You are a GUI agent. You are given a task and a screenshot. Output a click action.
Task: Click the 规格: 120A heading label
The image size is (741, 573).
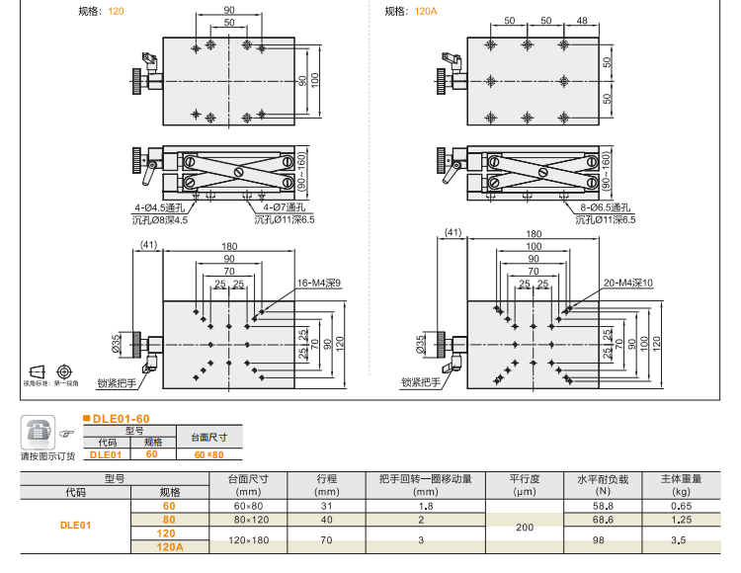[410, 11]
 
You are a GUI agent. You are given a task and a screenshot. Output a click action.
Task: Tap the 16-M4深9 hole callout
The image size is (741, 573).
[317, 284]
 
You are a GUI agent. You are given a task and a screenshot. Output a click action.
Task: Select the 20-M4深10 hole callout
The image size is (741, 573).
[624, 284]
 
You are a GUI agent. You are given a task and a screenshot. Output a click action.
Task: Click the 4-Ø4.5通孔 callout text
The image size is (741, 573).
[160, 208]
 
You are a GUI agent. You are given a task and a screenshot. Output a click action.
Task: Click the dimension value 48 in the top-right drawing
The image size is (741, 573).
[581, 21]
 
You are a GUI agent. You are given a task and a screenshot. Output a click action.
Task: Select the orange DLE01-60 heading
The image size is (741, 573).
[121, 419]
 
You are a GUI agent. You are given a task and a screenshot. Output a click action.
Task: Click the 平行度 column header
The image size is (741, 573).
[524, 478]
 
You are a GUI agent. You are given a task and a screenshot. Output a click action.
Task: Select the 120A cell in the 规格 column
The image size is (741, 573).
[171, 546]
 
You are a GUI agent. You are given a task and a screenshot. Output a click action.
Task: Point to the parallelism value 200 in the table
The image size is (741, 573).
[525, 529]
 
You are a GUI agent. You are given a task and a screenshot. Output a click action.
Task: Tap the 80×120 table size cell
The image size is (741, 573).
[251, 519]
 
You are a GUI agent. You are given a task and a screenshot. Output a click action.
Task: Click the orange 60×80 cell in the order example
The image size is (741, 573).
[209, 454]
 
